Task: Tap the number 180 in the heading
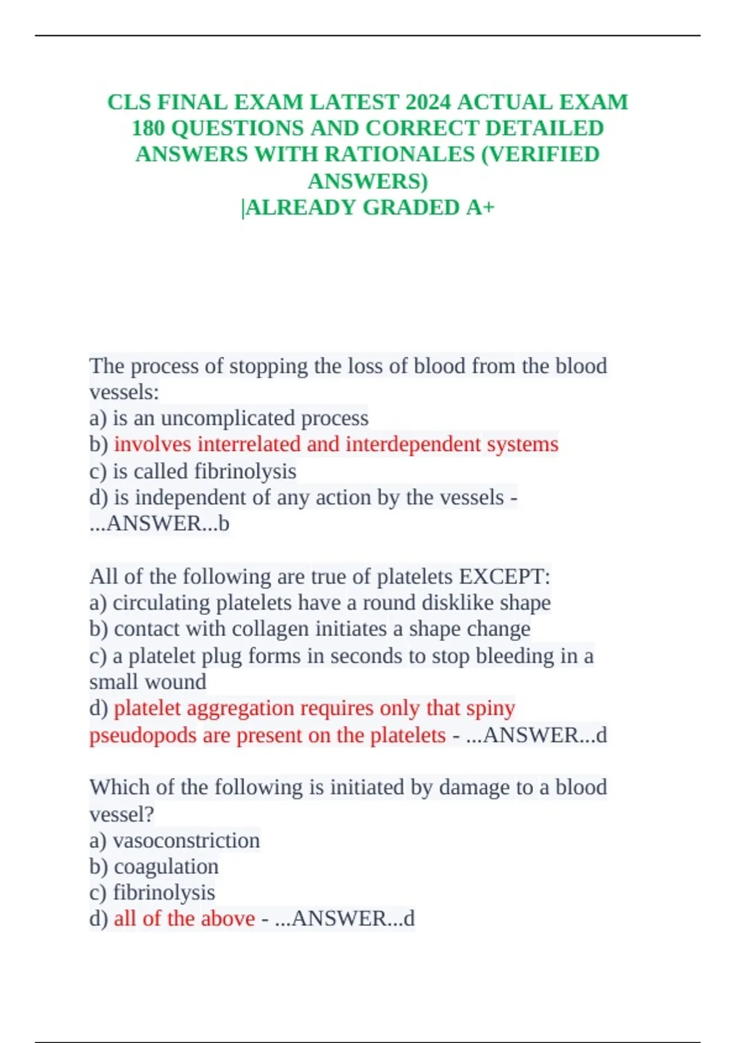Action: pos(148,128)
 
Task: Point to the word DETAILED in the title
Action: pos(545,128)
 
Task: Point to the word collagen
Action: pos(271,629)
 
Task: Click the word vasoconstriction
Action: pos(186,841)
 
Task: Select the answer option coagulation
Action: pos(166,866)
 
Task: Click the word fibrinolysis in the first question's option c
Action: pos(245,471)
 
